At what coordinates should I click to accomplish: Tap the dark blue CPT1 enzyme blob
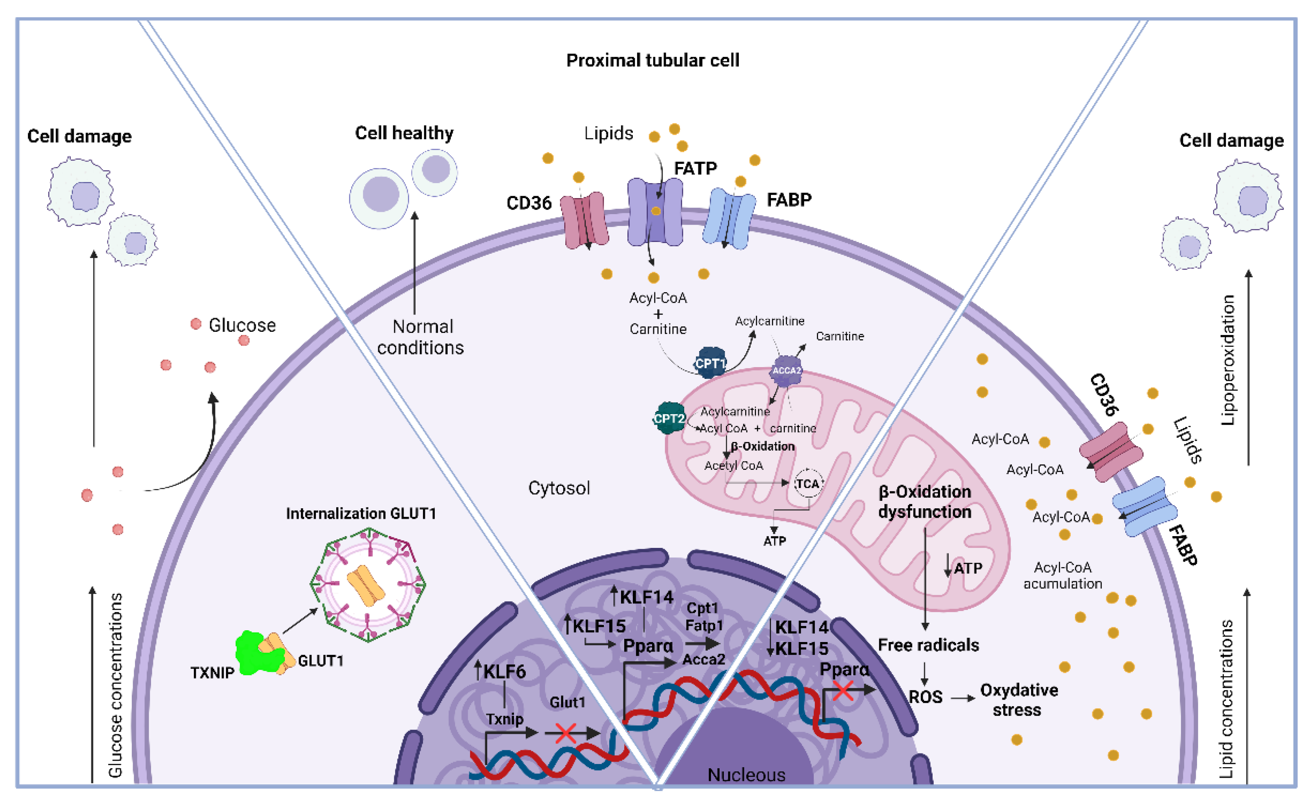tap(710, 363)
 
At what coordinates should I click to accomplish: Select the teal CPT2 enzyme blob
tap(669, 418)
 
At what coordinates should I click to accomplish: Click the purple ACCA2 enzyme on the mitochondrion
tap(785, 370)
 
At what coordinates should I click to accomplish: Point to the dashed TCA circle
tap(807, 483)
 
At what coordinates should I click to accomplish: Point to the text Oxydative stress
tap(1018, 700)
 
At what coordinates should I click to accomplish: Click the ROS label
tap(925, 697)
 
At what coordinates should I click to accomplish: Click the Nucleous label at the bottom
tap(746, 775)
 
